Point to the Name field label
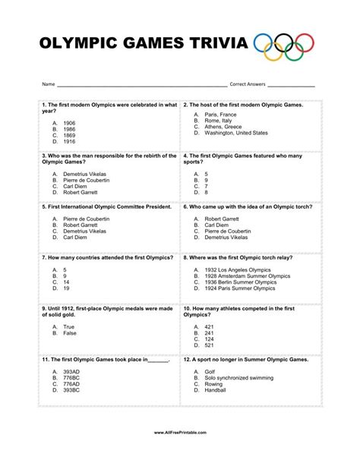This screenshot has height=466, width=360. tap(49, 83)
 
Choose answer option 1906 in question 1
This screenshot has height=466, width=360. tap(69, 122)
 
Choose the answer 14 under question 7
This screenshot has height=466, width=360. tap(66, 282)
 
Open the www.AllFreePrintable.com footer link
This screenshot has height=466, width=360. tap(179, 454)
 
